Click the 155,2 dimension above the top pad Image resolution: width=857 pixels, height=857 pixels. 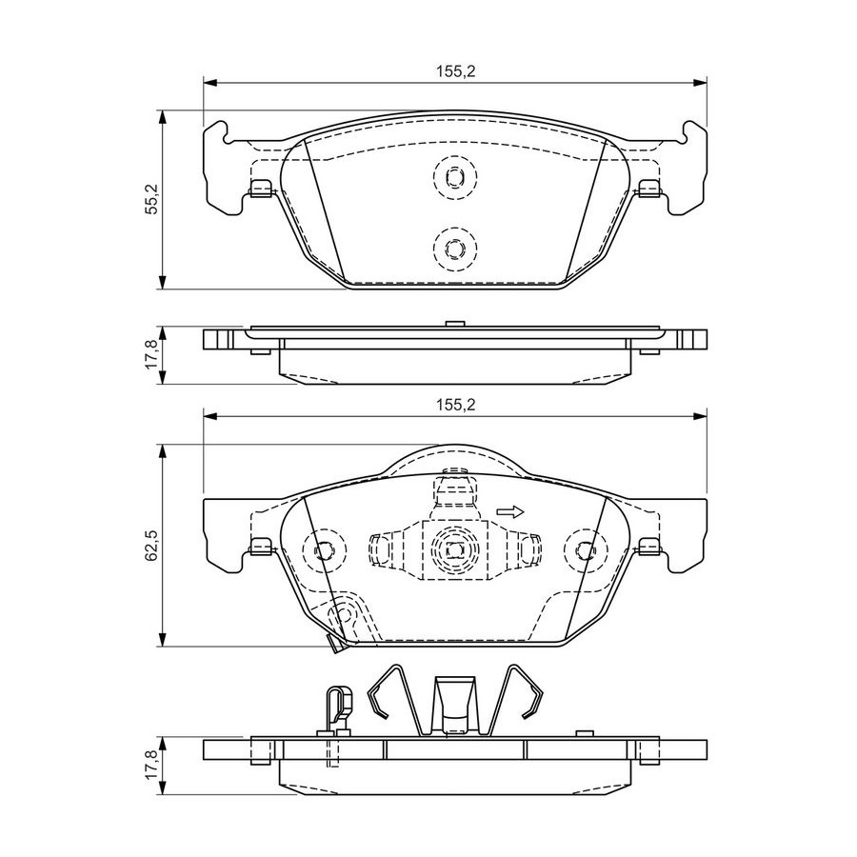point(456,71)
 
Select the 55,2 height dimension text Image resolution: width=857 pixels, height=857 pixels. point(152,200)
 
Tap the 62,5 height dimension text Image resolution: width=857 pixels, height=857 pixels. point(152,545)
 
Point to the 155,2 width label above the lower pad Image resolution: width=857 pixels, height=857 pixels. point(456,405)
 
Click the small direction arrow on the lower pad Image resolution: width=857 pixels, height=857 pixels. point(510,511)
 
